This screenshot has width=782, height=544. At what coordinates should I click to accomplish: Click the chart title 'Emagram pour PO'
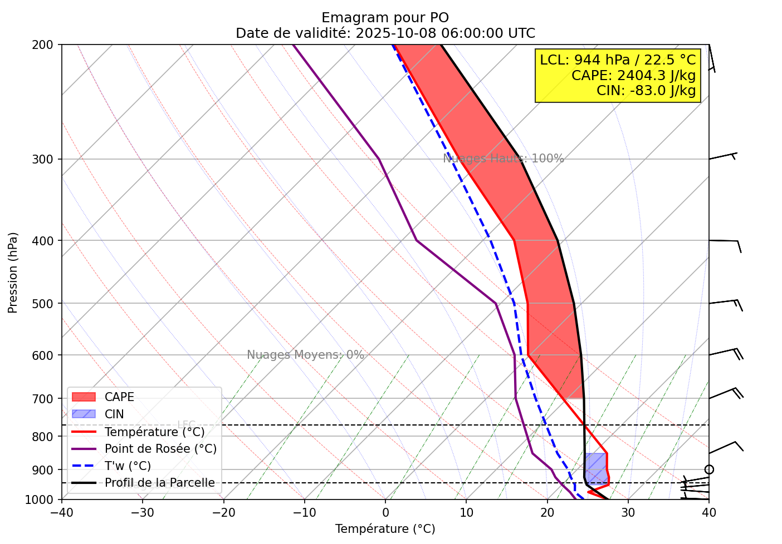pos(385,18)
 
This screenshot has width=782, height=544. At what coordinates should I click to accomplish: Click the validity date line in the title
pos(385,33)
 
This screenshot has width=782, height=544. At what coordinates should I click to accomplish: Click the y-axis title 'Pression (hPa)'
pos(13,273)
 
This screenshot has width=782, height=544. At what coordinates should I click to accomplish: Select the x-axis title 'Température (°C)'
pos(385,529)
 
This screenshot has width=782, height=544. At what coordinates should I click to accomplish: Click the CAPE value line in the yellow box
pos(633,75)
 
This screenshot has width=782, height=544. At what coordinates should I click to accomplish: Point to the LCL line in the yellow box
pos(618,60)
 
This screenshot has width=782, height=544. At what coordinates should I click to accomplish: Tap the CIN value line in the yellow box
pos(646,91)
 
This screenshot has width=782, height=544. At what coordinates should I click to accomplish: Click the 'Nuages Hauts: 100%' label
pos(504,159)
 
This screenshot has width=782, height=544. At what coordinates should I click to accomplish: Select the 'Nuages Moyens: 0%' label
pos(305,355)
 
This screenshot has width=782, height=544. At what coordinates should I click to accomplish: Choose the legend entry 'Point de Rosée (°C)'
pos(160,449)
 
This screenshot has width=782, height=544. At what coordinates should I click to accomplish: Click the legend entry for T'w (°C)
pos(128,466)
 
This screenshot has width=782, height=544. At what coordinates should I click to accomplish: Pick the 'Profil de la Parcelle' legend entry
pos(159,483)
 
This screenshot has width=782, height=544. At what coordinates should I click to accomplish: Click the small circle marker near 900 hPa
pos(708,469)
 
